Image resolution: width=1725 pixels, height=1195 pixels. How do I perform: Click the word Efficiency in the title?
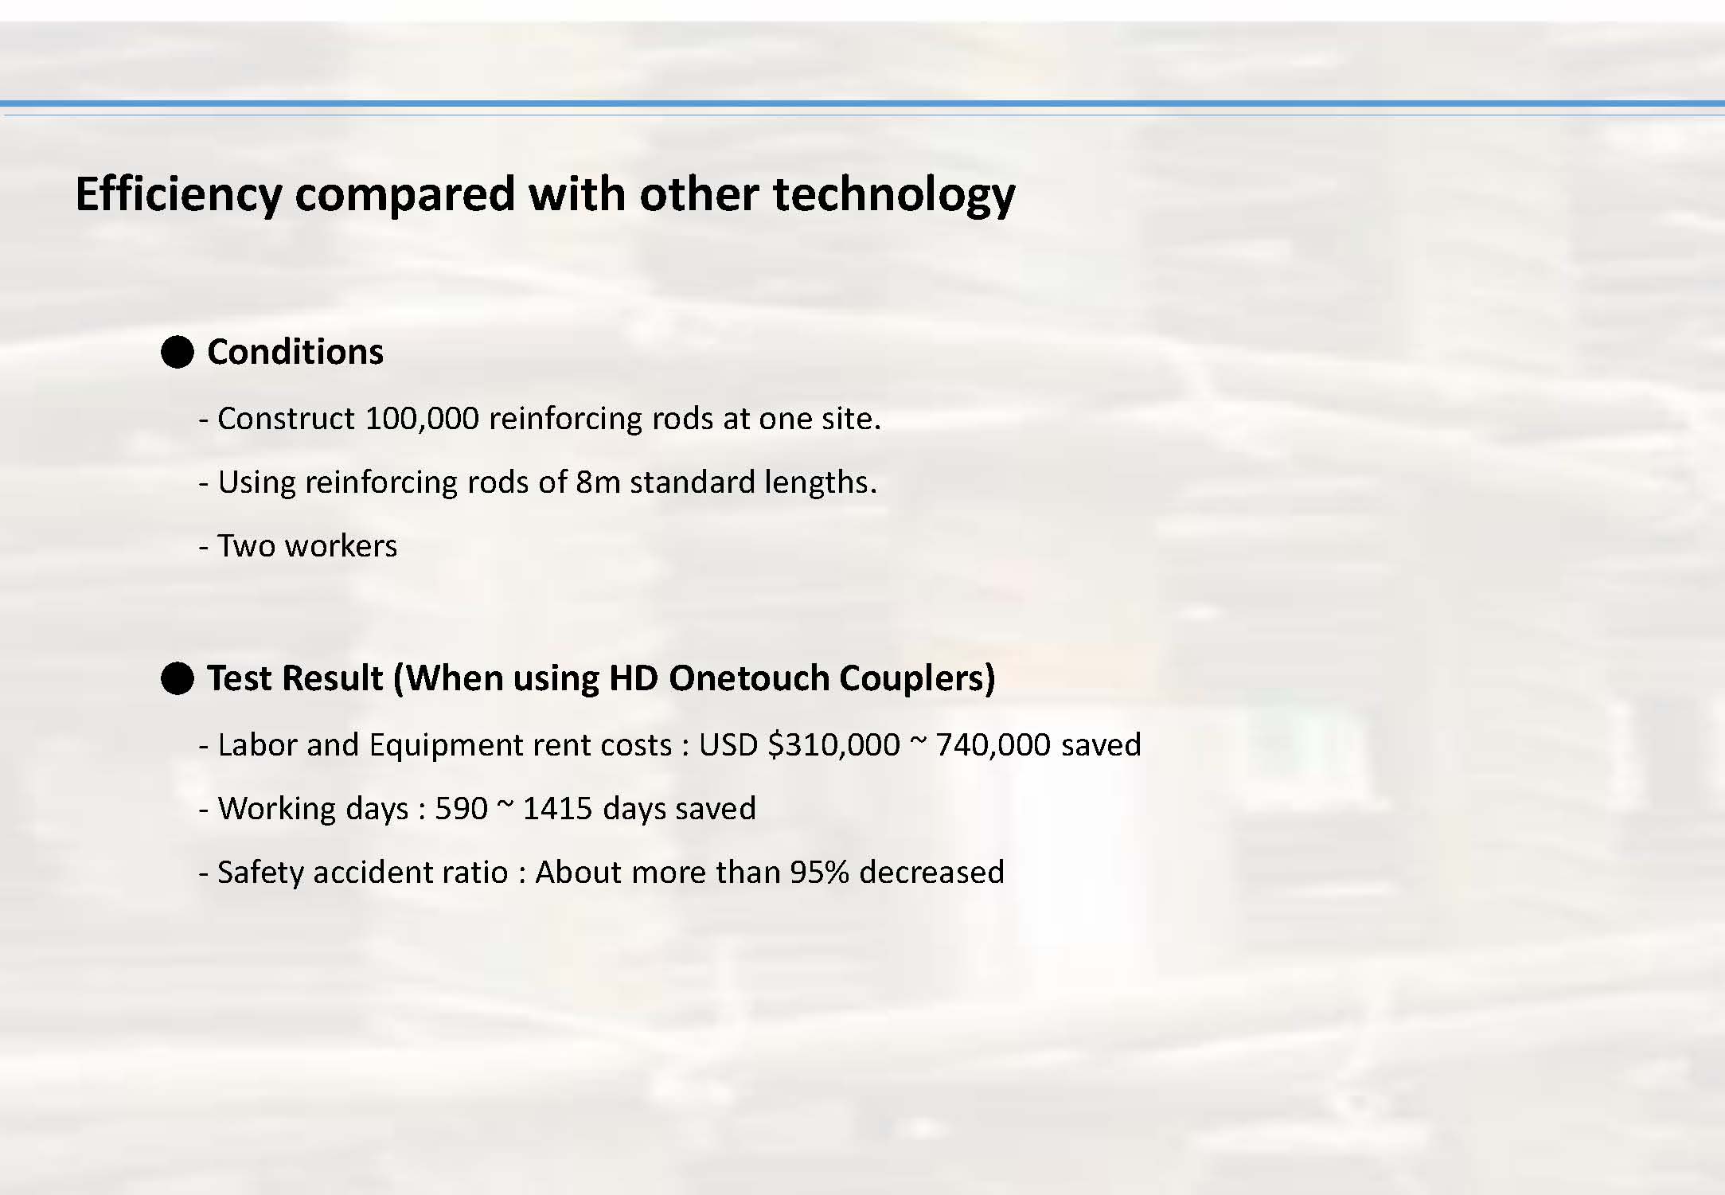(179, 194)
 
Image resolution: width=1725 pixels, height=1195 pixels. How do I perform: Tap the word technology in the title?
(894, 194)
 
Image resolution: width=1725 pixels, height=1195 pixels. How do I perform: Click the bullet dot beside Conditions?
(178, 351)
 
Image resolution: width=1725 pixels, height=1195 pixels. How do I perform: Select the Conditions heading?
(295, 351)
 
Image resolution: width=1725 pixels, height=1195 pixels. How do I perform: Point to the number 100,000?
(421, 418)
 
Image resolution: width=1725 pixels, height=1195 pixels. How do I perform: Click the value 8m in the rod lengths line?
(597, 482)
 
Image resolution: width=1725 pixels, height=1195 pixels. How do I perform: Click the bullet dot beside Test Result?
(178, 678)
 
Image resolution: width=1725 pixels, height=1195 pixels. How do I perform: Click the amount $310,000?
(833, 744)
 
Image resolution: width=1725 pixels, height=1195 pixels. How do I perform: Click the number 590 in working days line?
(461, 808)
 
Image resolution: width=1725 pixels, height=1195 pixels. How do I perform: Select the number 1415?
(557, 808)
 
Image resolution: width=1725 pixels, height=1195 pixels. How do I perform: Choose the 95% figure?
(819, 872)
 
